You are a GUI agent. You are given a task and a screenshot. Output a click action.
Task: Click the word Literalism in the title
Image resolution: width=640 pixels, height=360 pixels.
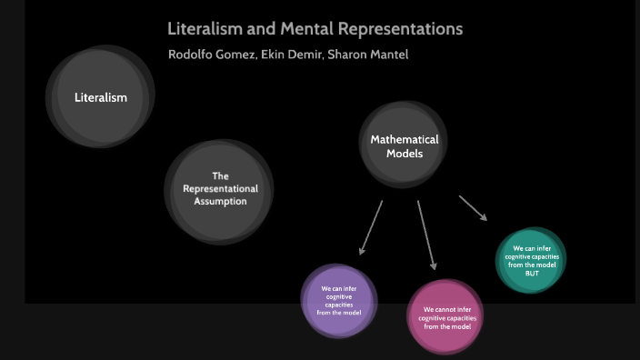point(204,29)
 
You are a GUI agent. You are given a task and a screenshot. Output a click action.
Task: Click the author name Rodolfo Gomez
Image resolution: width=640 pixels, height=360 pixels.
point(211,55)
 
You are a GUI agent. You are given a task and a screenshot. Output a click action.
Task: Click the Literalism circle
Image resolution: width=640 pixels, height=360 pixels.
point(100,97)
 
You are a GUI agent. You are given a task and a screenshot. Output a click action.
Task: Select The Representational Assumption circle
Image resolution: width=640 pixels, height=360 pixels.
point(220,189)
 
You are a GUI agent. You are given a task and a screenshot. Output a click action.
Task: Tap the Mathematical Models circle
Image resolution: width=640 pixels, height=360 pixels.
point(404,146)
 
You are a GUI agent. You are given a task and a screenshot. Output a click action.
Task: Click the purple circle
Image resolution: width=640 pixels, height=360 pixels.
point(339,300)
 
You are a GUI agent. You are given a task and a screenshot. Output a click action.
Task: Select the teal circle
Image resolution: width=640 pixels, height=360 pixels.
point(532,259)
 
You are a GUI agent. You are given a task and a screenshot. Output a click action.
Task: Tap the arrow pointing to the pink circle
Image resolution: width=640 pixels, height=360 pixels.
point(425,234)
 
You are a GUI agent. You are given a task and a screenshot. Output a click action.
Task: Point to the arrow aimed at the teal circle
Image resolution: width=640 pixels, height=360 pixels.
point(473,207)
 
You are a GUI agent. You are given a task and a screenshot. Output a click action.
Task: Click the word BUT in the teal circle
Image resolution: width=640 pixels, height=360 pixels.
point(532,274)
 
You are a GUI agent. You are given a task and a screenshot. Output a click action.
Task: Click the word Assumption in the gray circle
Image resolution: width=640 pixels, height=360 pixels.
point(220,201)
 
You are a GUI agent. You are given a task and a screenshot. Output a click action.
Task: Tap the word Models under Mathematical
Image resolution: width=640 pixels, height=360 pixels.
point(404,154)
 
